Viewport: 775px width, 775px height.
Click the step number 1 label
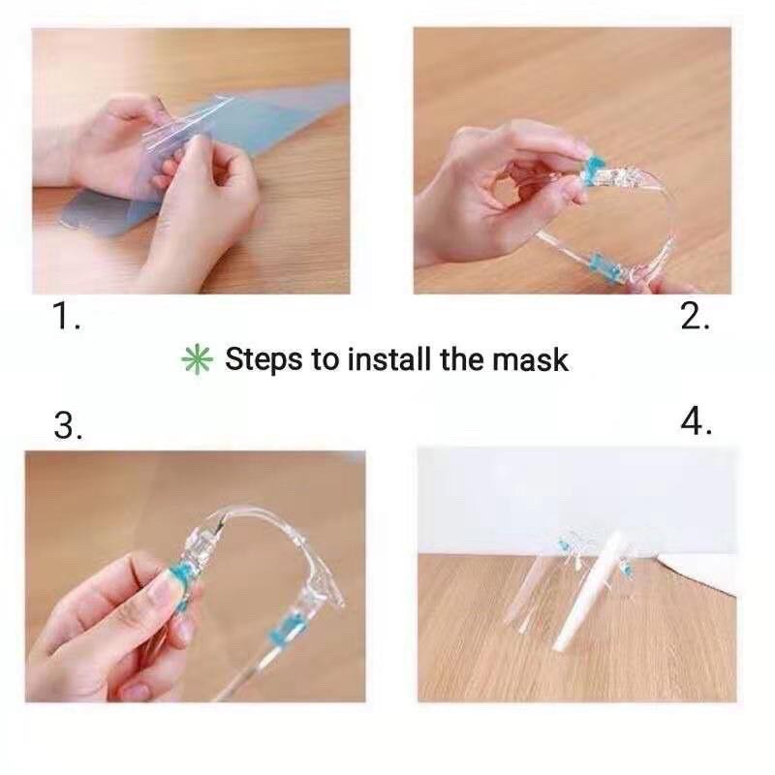coord(66,316)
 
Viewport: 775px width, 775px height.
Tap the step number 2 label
coord(695,316)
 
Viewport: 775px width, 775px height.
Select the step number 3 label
coord(68,425)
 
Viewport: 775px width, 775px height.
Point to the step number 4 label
coord(696,421)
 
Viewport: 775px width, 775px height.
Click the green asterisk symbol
coord(198,358)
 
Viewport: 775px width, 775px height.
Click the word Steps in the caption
coord(263,359)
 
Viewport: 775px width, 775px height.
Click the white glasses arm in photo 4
coord(592,591)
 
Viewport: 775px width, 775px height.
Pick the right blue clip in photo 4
coord(628,569)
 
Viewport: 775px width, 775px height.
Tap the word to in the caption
coord(325,359)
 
